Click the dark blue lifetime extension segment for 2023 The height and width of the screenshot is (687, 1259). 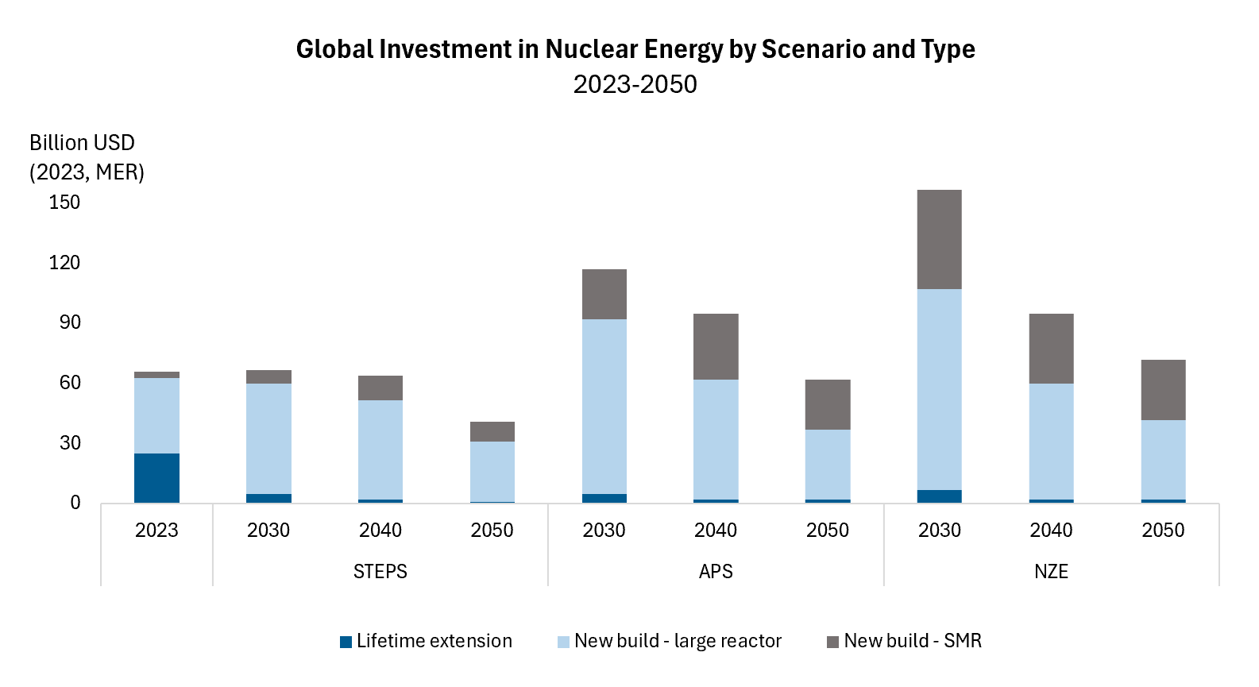coord(156,478)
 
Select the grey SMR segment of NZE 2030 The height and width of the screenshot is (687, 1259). coord(939,239)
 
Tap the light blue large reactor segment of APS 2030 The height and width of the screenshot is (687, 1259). coord(604,407)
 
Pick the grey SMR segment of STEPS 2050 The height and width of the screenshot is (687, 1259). coord(492,431)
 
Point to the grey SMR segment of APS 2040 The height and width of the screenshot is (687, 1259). coord(716,346)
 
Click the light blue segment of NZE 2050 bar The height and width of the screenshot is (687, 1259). coord(1163,459)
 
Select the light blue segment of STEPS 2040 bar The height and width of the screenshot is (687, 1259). coord(380,450)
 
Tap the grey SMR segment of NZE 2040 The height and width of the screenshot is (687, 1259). coord(1051,349)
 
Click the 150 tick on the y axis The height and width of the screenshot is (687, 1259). coord(64,203)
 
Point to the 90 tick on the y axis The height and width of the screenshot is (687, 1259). coord(70,322)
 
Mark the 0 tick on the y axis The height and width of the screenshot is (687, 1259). coord(75,503)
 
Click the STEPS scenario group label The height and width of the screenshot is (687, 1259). coord(380,571)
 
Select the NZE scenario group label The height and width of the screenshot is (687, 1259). coord(1051,571)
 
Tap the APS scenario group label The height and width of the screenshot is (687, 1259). coord(716,571)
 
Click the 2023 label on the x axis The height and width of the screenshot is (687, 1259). coord(156,530)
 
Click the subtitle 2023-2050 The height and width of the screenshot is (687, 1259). coord(635,84)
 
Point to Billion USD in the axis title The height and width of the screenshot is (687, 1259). coord(82,143)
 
